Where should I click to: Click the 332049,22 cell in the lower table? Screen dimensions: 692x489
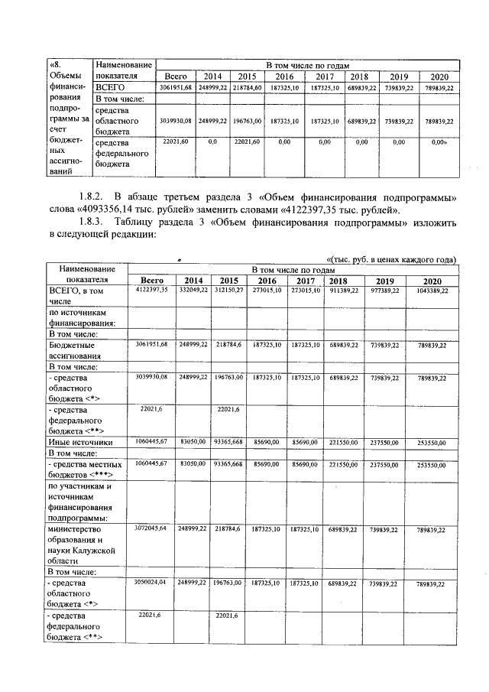(193, 291)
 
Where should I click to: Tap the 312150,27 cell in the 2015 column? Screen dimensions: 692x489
(228, 291)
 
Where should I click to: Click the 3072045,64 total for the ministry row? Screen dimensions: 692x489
(151, 528)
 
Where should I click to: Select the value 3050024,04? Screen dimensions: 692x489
(151, 583)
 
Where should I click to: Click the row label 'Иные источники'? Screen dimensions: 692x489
(81, 442)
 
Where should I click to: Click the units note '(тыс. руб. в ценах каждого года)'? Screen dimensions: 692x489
(390, 259)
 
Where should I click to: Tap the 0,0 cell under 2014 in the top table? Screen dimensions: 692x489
(212, 142)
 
